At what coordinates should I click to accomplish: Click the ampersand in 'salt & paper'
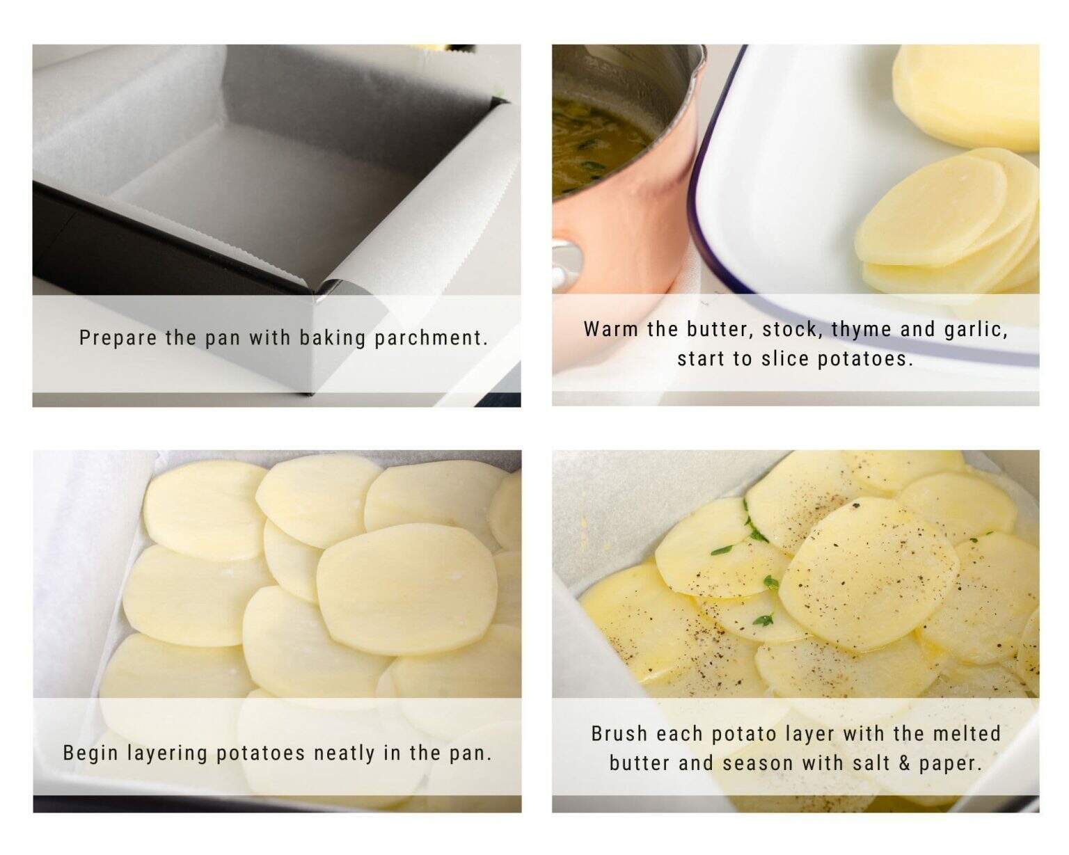(903, 764)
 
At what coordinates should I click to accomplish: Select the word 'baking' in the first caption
(332, 338)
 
